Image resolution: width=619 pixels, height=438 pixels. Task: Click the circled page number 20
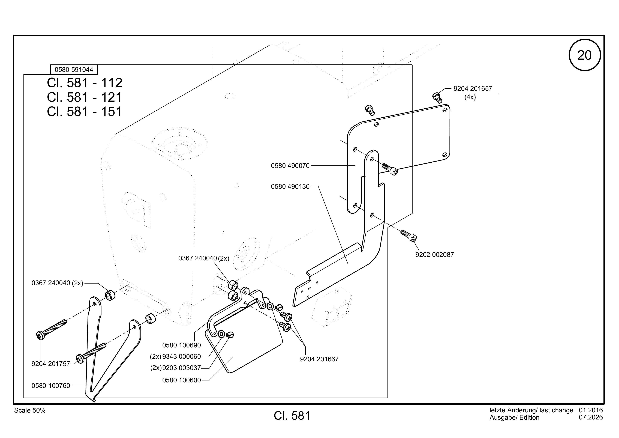pyautogui.click(x=584, y=55)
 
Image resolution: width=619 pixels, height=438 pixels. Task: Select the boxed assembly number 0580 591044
pyautogui.click(x=74, y=70)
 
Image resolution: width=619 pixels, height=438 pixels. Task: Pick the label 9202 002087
pyautogui.click(x=435, y=255)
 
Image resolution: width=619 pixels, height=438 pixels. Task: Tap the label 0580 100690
pyautogui.click(x=181, y=345)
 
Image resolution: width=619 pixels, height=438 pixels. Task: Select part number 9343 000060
pyautogui.click(x=181, y=357)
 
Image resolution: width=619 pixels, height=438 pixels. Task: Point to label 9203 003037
pyautogui.click(x=181, y=368)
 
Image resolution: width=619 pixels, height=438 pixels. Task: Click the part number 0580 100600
pyautogui.click(x=181, y=380)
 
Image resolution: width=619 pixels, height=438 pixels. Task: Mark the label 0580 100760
pyautogui.click(x=51, y=386)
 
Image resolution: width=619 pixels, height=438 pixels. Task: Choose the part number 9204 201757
pyautogui.click(x=51, y=364)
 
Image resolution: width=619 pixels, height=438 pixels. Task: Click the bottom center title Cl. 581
pyautogui.click(x=292, y=416)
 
